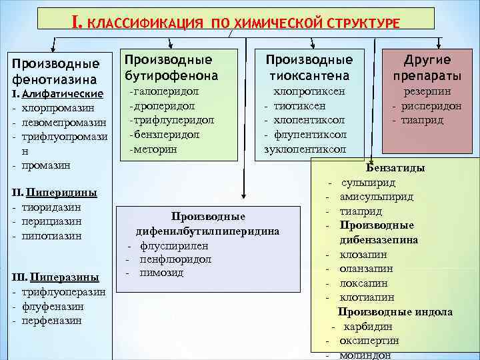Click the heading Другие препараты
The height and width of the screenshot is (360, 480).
(x=427, y=67)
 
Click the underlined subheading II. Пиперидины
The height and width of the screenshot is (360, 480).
(x=55, y=193)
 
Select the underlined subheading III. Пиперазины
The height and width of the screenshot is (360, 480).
(x=55, y=277)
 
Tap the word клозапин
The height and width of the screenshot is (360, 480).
(x=363, y=254)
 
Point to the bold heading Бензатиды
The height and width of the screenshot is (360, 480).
(x=395, y=168)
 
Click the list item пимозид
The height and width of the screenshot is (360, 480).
(x=161, y=273)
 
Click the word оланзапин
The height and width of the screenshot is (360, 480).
(x=366, y=268)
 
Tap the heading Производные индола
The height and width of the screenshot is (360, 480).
(x=395, y=312)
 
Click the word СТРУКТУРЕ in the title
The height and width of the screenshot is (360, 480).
(x=365, y=23)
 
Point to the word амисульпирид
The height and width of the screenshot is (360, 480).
(x=376, y=197)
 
